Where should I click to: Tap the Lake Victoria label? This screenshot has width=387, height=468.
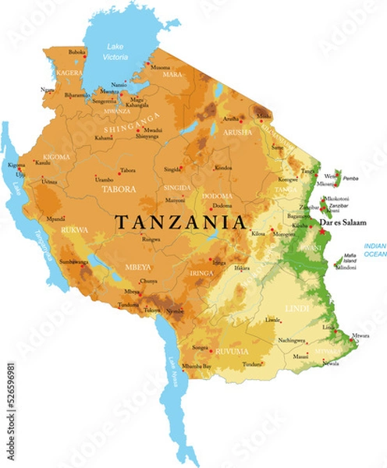pos(115,51)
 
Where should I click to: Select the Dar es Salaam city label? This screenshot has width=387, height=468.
pos(343,223)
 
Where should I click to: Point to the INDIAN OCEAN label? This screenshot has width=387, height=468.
pos(375,250)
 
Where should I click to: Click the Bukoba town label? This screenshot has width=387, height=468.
pos(77,51)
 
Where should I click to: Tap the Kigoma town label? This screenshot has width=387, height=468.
pos(16,165)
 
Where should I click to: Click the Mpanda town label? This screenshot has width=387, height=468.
pos(56,219)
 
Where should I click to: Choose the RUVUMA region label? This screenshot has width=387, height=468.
pos(232,351)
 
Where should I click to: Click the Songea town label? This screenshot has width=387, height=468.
pos(201,347)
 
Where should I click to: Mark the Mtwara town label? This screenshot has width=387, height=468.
pos(360,335)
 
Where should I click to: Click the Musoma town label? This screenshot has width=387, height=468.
pos(160,67)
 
